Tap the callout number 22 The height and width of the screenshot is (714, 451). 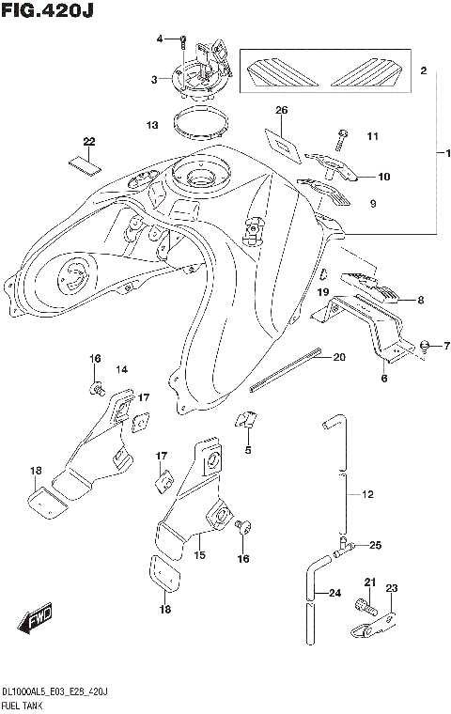click(x=89, y=142)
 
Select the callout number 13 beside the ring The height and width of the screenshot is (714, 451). click(x=151, y=125)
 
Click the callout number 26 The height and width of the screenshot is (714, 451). click(x=280, y=111)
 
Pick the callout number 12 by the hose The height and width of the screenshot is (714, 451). click(x=367, y=493)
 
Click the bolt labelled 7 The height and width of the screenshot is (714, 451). click(x=425, y=347)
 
